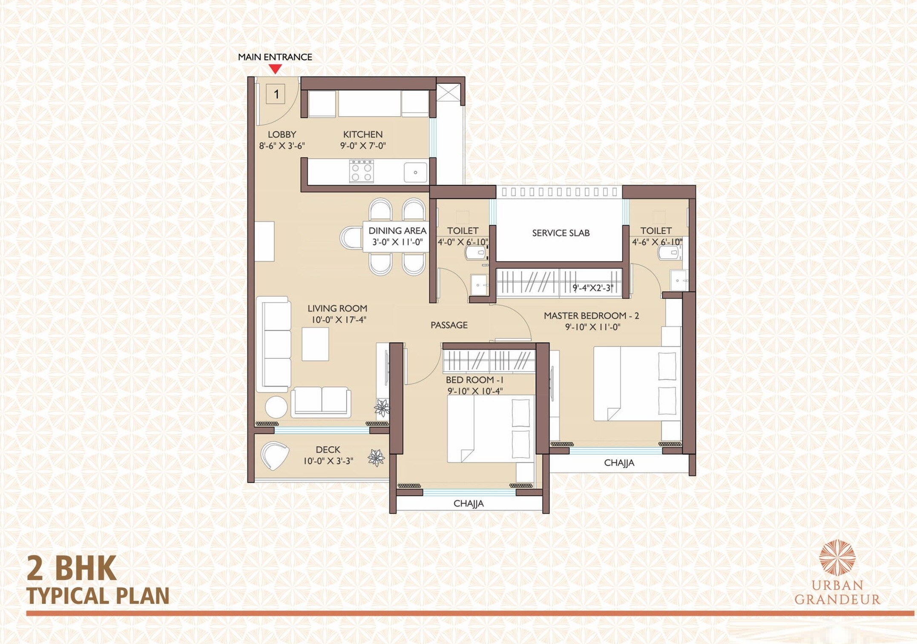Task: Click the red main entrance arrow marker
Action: pyautogui.click(x=275, y=69)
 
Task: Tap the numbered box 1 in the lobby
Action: pyautogui.click(x=276, y=94)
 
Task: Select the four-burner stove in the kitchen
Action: pyautogui.click(x=361, y=171)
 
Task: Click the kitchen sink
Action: pyautogui.click(x=415, y=172)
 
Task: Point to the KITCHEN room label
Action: pyautogui.click(x=363, y=135)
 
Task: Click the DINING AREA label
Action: pyautogui.click(x=397, y=231)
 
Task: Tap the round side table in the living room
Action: pyautogui.click(x=276, y=407)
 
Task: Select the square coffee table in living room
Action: pyautogui.click(x=315, y=344)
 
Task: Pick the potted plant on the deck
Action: pyautogui.click(x=376, y=458)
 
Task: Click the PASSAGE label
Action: pyautogui.click(x=449, y=325)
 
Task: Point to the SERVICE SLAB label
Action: pyautogui.click(x=561, y=233)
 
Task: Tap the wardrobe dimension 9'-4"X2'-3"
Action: pyautogui.click(x=592, y=288)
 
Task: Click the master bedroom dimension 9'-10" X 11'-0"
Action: pyautogui.click(x=592, y=327)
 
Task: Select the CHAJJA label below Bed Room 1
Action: pyautogui.click(x=469, y=504)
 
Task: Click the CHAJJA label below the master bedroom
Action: pyautogui.click(x=619, y=463)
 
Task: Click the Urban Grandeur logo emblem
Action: pyautogui.click(x=837, y=558)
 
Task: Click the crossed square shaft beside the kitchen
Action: pyautogui.click(x=448, y=93)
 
